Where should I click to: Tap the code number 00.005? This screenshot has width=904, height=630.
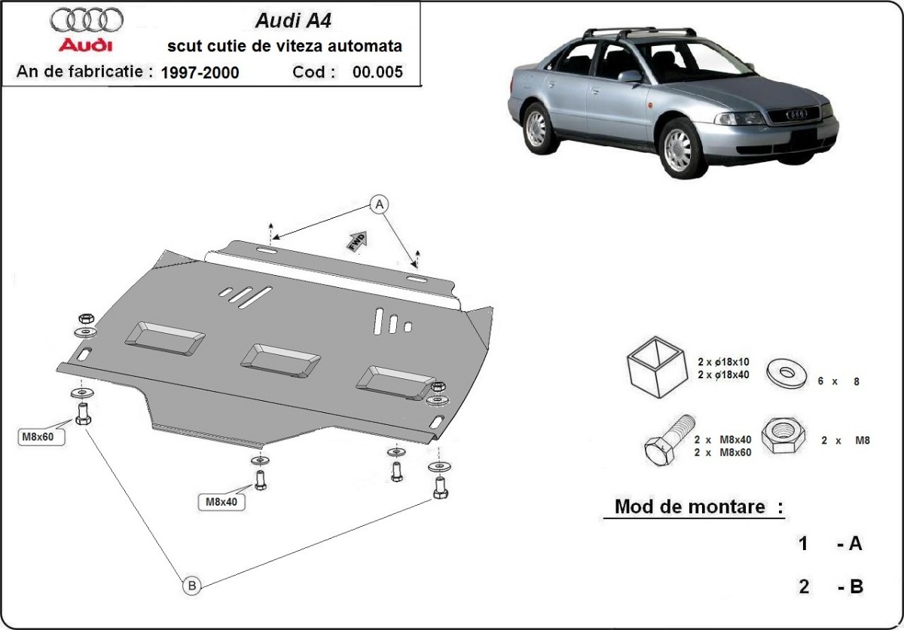click(x=377, y=72)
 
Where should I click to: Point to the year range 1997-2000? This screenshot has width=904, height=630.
click(x=200, y=72)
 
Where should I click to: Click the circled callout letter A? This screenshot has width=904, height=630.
click(x=380, y=203)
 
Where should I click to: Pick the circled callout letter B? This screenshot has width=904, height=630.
click(x=191, y=584)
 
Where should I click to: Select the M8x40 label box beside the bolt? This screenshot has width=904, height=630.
click(x=222, y=501)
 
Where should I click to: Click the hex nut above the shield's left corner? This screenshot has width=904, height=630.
click(x=85, y=317)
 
